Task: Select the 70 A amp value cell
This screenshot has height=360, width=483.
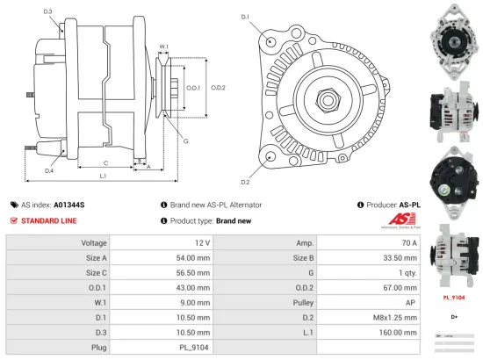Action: pos(409,242)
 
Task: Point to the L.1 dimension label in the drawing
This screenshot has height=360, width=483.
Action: pos(103,176)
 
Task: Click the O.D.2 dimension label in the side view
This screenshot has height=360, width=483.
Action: pos(219,87)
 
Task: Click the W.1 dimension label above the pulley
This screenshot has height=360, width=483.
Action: pos(164,47)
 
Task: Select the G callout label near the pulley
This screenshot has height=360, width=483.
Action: pos(186,141)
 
